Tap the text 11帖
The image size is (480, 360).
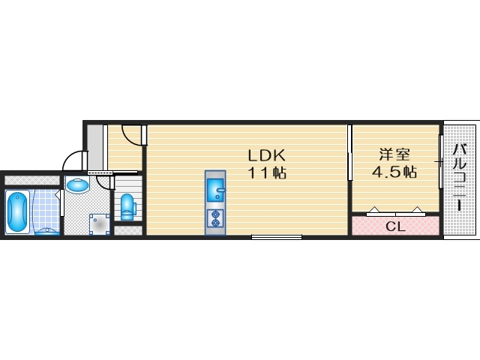(x=267, y=173)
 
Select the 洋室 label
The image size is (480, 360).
(x=394, y=155)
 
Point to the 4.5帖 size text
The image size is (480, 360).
(x=394, y=172)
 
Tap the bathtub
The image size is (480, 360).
(x=18, y=211)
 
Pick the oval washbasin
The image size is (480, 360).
(x=76, y=184)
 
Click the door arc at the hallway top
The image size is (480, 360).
(x=133, y=134)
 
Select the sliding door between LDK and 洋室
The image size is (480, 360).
(x=349, y=154)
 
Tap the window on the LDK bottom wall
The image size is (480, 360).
(x=277, y=237)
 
